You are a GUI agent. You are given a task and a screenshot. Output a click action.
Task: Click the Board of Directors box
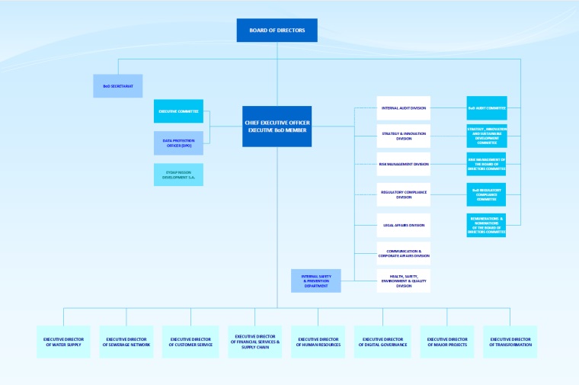tap(277, 30)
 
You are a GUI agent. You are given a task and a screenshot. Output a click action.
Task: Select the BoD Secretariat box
tap(118, 86)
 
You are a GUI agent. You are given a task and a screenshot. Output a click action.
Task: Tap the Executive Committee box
tap(178, 111)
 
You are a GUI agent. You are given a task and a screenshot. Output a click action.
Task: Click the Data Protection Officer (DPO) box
tap(178, 143)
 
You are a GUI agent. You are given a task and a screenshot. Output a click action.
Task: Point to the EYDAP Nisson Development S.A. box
tap(178, 175)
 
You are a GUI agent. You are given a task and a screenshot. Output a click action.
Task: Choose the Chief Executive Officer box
tap(277, 127)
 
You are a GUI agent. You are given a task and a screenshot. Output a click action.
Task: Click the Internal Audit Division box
tap(404, 108)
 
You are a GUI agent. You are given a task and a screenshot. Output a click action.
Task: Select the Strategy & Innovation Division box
tap(404, 136)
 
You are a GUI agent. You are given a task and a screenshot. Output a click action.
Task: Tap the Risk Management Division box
tap(404, 164)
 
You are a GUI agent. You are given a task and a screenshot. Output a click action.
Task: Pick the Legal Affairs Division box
tap(404, 225)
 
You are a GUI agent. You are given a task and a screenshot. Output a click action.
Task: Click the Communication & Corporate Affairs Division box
tap(404, 253)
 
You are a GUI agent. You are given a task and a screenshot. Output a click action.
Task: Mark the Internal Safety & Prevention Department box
tap(315, 281)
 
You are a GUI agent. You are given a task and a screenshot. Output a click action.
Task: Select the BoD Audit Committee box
tap(487, 108)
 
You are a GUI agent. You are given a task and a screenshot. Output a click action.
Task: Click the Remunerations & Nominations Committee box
tap(487, 225)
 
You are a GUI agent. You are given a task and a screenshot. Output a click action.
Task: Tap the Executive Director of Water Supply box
tap(63, 342)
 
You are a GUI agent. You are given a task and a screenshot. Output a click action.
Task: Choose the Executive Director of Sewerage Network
tap(126, 342)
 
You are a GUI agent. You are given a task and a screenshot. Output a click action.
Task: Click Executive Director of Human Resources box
tap(318, 342)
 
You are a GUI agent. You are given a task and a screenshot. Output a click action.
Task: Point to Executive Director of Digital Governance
tap(382, 342)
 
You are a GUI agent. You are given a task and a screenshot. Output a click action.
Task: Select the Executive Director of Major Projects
tap(447, 342)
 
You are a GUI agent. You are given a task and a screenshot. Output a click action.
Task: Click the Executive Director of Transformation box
tap(510, 342)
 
